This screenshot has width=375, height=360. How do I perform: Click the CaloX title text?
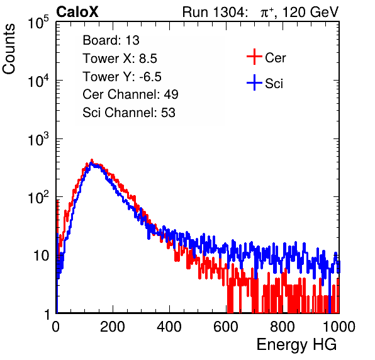click(x=77, y=12)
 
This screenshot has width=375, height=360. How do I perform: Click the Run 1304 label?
click(x=214, y=12)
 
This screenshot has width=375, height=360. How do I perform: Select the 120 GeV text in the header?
click(x=310, y=12)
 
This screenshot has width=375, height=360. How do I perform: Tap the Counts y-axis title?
click(x=9, y=49)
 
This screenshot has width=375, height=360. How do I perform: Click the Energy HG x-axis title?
click(x=296, y=345)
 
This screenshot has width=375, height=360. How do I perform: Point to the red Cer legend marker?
click(x=254, y=57)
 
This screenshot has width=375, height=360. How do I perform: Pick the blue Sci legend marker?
click(x=254, y=83)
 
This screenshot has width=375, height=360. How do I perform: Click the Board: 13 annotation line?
click(x=111, y=40)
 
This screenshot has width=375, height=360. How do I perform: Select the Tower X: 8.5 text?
click(x=120, y=59)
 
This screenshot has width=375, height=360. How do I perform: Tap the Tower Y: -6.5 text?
click(x=122, y=77)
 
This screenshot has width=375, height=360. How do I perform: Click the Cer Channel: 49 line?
click(x=130, y=94)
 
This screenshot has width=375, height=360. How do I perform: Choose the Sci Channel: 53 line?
click(x=129, y=113)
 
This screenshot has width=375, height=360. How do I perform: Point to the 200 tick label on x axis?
click(x=113, y=327)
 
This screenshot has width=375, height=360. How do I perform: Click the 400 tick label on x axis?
click(x=169, y=327)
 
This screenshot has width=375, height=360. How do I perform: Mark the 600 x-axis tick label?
click(x=226, y=327)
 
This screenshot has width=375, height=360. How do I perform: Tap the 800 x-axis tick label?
click(x=283, y=327)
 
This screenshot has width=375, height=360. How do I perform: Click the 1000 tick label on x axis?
click(x=339, y=327)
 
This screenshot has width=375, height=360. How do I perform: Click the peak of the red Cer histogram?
click(x=92, y=160)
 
